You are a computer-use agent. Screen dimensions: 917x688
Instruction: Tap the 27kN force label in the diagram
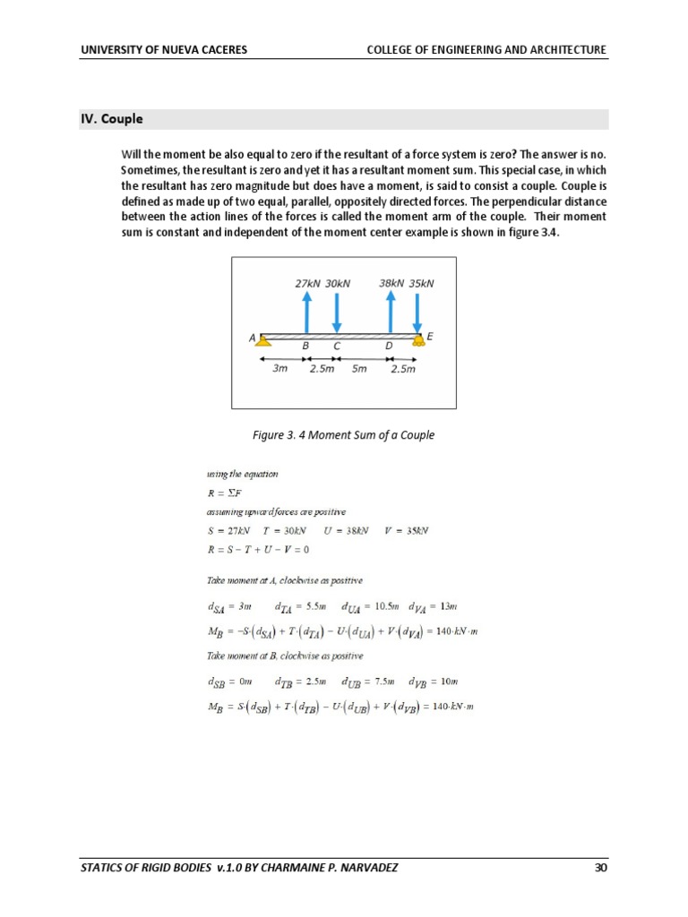pyautogui.click(x=307, y=283)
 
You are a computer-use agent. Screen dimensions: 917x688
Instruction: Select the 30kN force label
pyautogui.click(x=338, y=283)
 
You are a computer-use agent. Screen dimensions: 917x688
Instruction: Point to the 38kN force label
pyautogui.click(x=391, y=283)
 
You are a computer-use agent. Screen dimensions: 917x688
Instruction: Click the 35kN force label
pyautogui.click(x=421, y=283)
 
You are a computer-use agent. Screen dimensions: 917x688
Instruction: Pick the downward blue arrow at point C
pyautogui.click(x=337, y=311)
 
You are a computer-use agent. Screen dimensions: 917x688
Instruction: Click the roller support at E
pyautogui.click(x=417, y=339)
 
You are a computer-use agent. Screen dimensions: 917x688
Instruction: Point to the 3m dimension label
pyautogui.click(x=280, y=368)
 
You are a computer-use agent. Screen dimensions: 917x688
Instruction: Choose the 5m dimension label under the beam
pyautogui.click(x=358, y=368)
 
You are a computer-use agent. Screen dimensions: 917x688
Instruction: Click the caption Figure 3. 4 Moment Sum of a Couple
pyautogui.click(x=343, y=435)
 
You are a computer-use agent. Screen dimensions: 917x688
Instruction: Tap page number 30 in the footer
pyautogui.click(x=600, y=867)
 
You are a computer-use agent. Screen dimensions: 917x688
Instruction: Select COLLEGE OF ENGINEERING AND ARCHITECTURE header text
pyautogui.click(x=486, y=49)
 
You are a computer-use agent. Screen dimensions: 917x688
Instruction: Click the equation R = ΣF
pyautogui.click(x=221, y=493)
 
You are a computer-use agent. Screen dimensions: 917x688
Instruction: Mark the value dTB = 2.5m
pyautogui.click(x=300, y=682)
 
